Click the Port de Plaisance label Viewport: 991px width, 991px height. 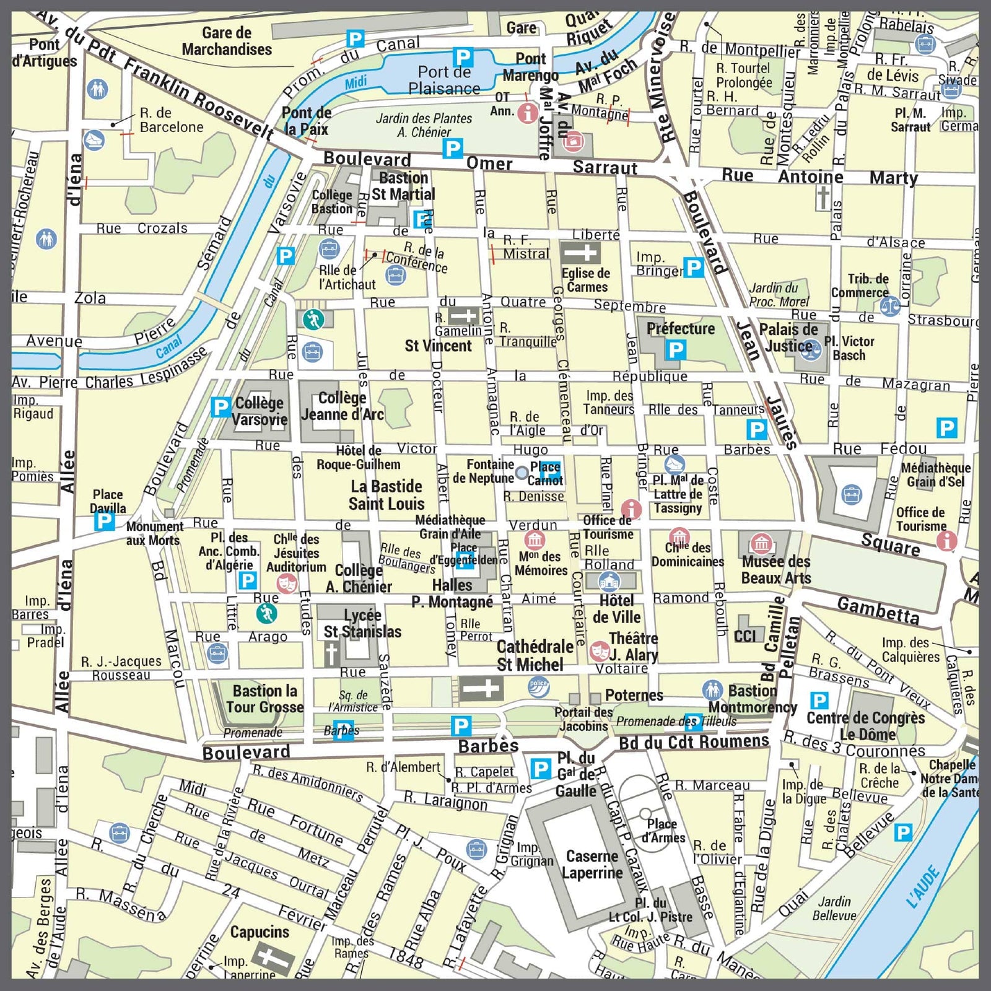click(x=444, y=81)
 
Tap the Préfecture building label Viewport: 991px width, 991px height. click(x=680, y=328)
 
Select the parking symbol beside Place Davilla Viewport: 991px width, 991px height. click(x=104, y=522)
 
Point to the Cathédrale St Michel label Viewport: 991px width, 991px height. click(x=534, y=655)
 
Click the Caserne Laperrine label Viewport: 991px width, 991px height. click(x=592, y=865)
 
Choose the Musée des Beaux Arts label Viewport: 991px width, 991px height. click(x=775, y=570)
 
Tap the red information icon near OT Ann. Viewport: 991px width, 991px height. click(x=528, y=113)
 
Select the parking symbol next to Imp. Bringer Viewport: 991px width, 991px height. click(x=694, y=268)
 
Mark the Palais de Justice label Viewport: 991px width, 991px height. click(x=788, y=338)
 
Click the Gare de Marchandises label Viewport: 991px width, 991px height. click(x=227, y=41)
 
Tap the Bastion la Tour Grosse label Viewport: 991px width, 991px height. click(x=264, y=699)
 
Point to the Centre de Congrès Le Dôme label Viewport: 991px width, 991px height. click(x=865, y=726)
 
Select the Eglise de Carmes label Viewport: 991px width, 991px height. click(x=585, y=279)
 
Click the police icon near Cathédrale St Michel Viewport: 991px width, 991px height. click(x=538, y=686)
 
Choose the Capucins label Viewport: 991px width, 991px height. click(x=260, y=932)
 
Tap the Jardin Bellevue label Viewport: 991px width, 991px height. click(x=834, y=909)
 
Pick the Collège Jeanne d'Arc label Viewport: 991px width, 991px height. click(x=342, y=406)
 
